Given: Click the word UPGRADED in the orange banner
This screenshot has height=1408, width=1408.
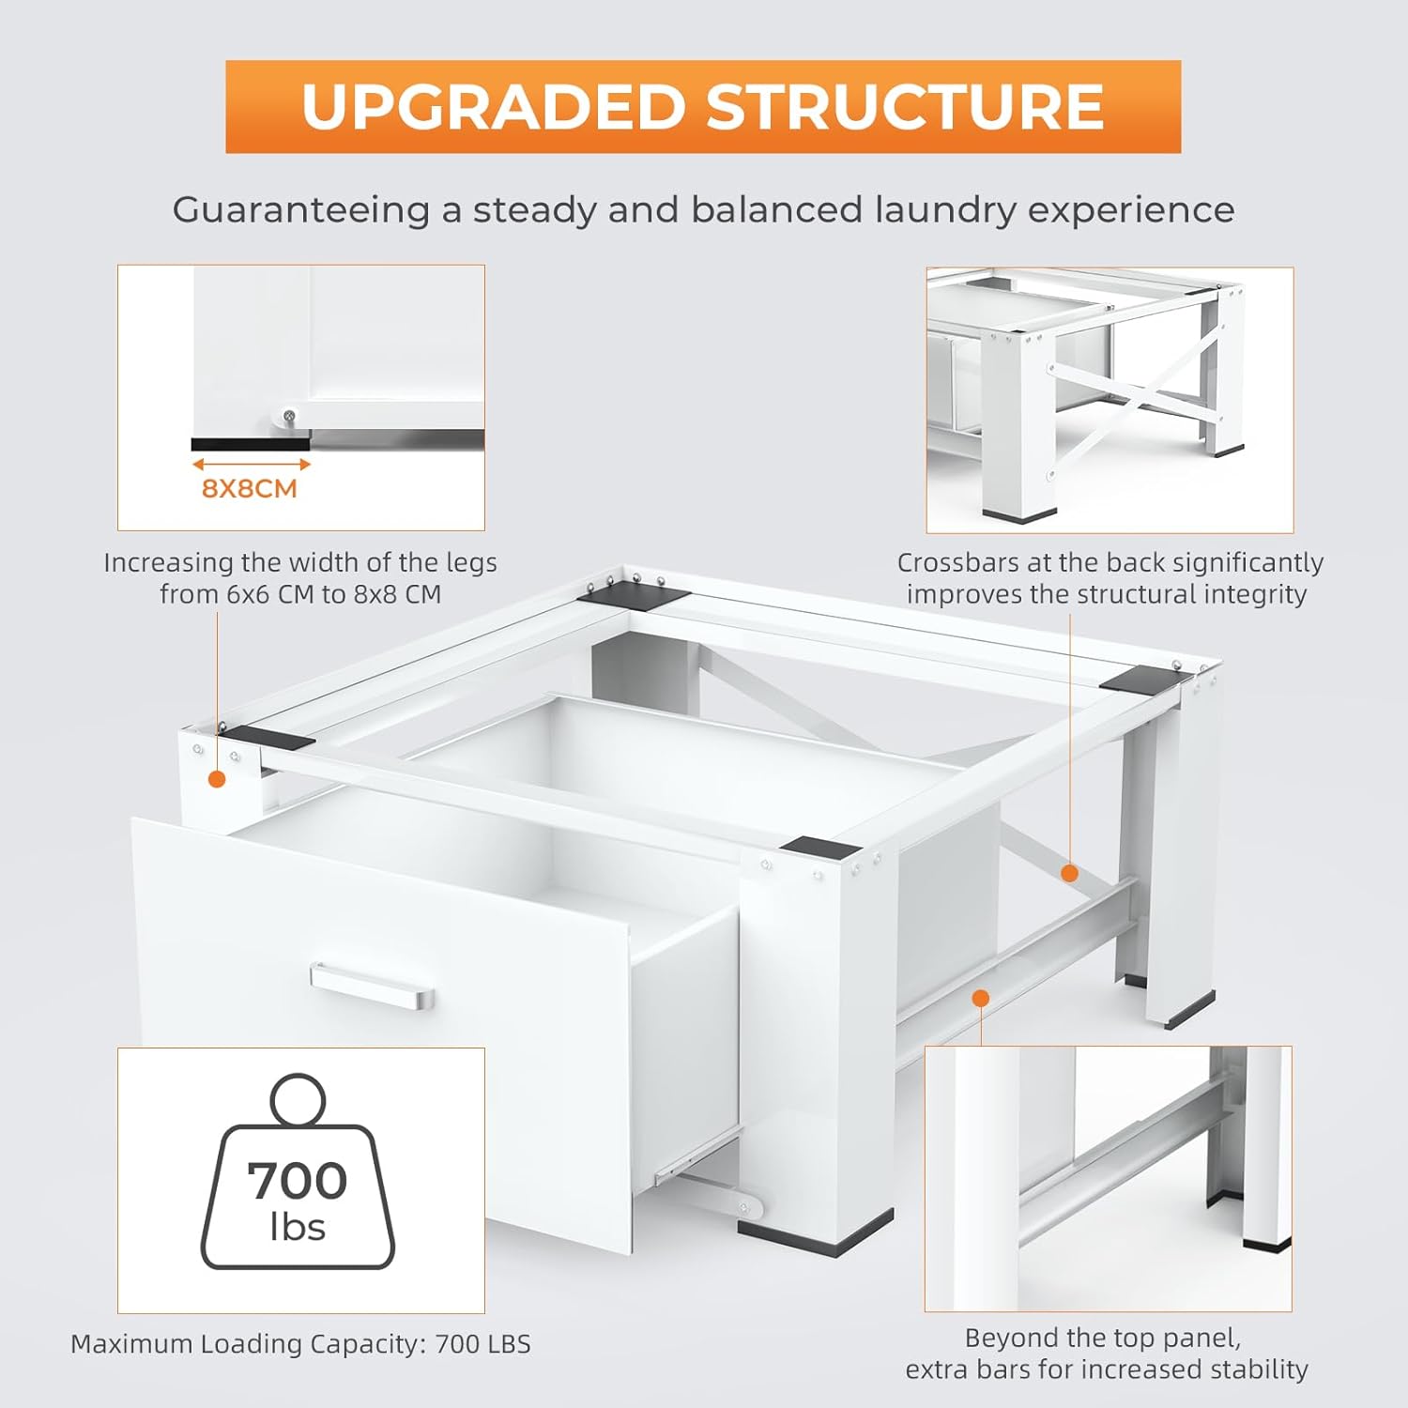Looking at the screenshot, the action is click(x=495, y=106).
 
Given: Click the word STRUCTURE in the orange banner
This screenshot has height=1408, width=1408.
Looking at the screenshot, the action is click(x=906, y=106).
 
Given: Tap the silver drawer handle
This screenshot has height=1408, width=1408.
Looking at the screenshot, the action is click(x=372, y=987).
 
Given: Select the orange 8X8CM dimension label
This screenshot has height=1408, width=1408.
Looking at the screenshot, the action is click(x=250, y=489).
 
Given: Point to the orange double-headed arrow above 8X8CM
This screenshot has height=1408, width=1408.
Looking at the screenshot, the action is click(x=251, y=464).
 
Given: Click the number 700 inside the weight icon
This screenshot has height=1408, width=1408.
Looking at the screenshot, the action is click(x=298, y=1181).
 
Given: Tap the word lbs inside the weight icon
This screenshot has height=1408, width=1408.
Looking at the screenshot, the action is click(x=298, y=1227).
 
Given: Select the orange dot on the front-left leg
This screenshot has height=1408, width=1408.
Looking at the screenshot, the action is click(x=217, y=779).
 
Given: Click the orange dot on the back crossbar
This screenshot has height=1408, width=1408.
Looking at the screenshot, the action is click(x=1069, y=874).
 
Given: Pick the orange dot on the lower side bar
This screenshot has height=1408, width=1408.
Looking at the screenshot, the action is click(x=981, y=998).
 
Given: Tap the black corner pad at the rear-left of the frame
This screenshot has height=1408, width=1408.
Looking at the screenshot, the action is click(x=634, y=595).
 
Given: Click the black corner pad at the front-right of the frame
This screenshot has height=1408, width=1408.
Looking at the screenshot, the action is click(x=819, y=848).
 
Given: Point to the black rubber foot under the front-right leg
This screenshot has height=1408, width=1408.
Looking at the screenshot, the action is click(x=815, y=1232).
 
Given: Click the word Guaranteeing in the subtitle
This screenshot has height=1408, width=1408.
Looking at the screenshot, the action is click(x=300, y=210).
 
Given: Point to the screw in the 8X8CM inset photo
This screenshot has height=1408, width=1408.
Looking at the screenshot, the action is click(x=290, y=415).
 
